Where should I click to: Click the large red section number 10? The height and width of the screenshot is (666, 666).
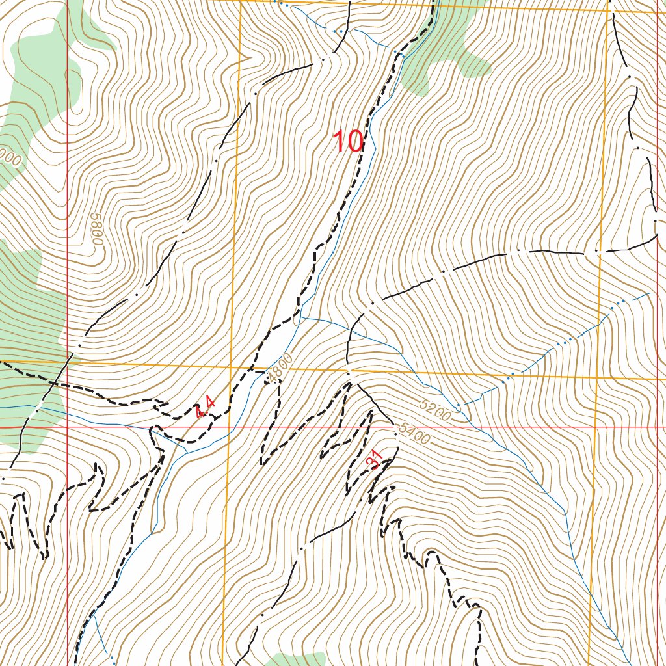click(347, 142)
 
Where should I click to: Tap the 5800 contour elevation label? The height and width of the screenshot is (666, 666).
click(97, 228)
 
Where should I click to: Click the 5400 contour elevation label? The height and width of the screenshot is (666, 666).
click(414, 433)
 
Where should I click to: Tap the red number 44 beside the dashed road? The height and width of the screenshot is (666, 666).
click(206, 408)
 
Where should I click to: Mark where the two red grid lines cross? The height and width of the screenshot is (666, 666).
click(68, 427)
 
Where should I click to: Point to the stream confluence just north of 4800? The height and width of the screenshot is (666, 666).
click(301, 317)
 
